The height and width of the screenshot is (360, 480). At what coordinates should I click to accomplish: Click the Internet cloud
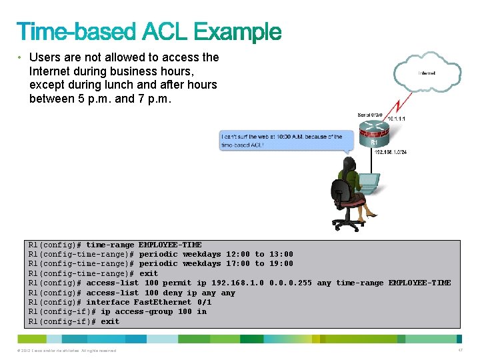click(427, 73)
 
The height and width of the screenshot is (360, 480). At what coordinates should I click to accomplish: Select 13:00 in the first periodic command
click(281, 254)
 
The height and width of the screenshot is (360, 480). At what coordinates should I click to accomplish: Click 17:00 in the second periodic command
click(238, 263)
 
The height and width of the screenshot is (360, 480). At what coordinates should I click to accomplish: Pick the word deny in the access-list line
click(173, 293)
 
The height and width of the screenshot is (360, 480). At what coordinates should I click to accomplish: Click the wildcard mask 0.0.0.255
click(291, 283)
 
